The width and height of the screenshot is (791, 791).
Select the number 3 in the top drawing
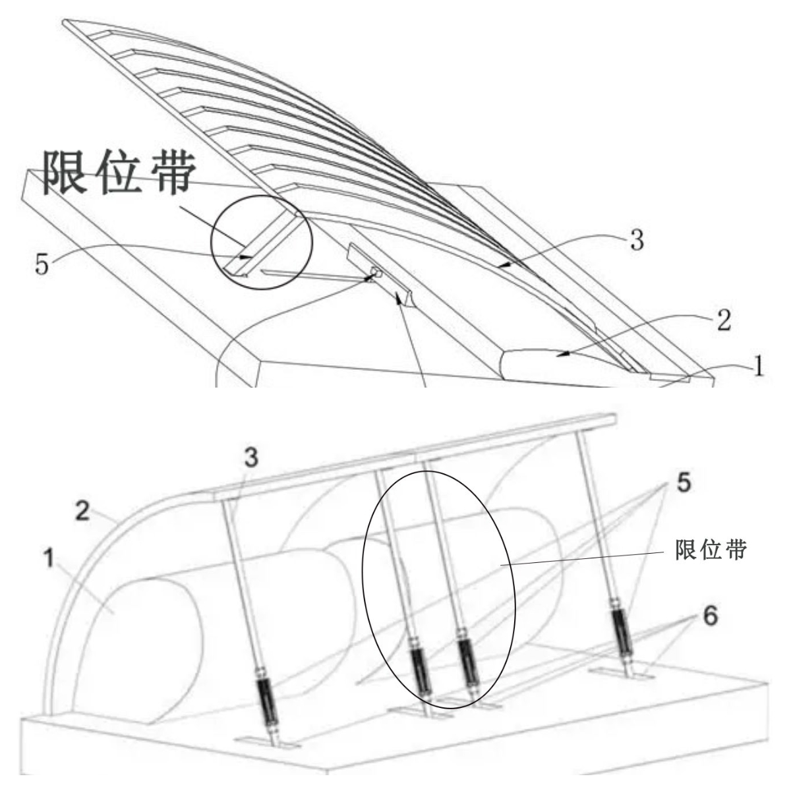[x=636, y=241]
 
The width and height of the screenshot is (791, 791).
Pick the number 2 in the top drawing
[x=723, y=322]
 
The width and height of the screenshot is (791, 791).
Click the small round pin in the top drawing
[x=376, y=272]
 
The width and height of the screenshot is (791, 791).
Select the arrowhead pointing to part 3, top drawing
[x=502, y=265]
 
